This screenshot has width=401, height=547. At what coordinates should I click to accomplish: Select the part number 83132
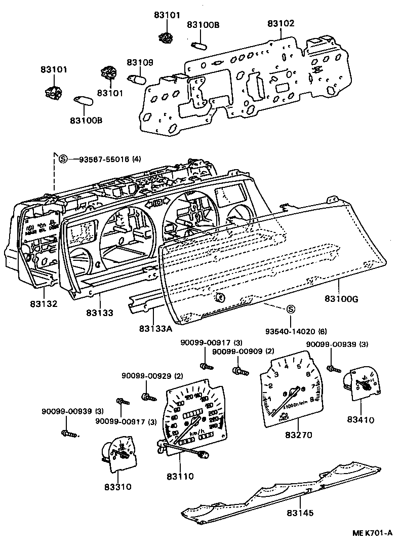pyautogui.click(x=43, y=304)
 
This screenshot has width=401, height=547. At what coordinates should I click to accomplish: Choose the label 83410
pyautogui.click(x=360, y=420)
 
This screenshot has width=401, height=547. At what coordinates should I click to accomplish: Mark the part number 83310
pyautogui.click(x=118, y=487)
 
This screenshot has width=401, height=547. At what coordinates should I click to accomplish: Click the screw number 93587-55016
pyautogui.click(x=104, y=160)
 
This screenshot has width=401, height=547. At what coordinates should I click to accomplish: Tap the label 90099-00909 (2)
pyautogui.click(x=243, y=351)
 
